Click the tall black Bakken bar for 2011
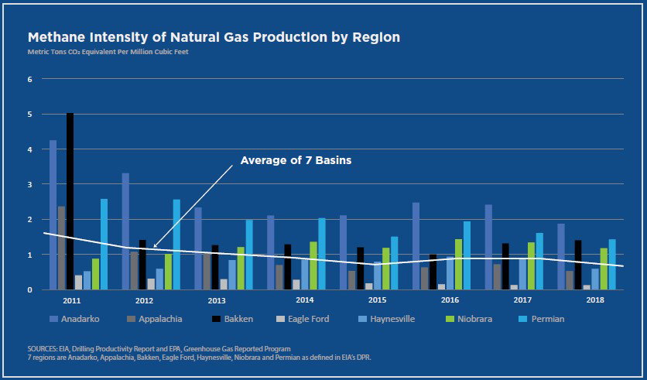70,201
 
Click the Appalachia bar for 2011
61,248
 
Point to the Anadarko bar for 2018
560,256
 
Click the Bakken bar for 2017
505,266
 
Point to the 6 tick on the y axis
29,79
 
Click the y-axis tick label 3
29,184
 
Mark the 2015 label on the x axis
377,300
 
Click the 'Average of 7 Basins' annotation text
296,161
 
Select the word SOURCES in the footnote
43,348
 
